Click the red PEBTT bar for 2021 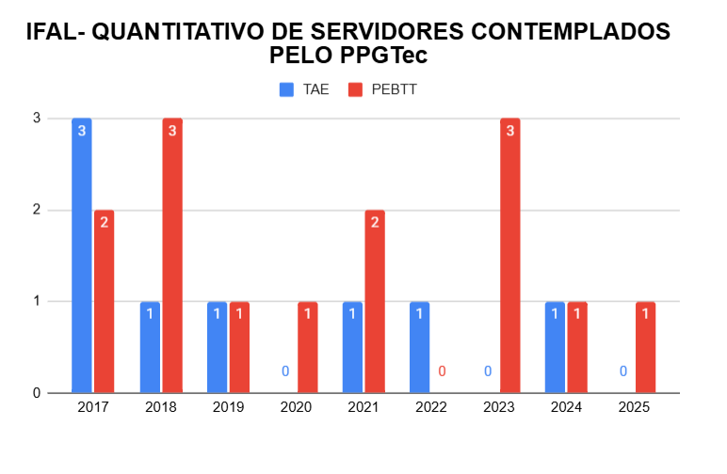pos(375,301)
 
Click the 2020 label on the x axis pos(296,408)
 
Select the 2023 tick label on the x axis pos(498,408)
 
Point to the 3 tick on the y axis pos(36,118)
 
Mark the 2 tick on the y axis pos(36,210)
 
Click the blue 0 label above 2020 pos(284,371)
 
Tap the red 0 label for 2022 pos(442,371)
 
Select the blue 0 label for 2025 pos(622,371)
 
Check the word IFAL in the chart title pos(52,32)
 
